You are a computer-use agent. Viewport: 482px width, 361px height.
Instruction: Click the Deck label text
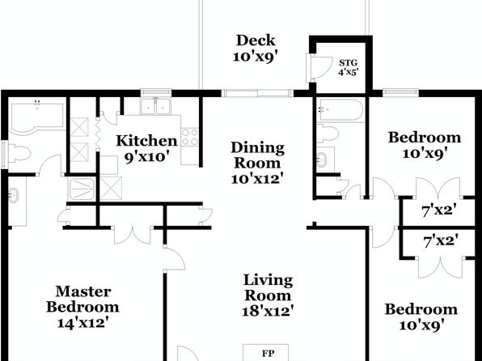[x=256, y=40]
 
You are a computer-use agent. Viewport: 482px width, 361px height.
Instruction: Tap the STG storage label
[x=349, y=63]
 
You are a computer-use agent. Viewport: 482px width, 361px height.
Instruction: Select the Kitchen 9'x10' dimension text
[x=146, y=157]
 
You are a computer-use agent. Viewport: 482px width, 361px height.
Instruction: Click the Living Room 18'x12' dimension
[x=266, y=311]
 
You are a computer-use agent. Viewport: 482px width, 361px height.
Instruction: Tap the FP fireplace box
[x=265, y=353]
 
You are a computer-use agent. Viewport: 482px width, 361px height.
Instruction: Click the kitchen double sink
[x=156, y=106]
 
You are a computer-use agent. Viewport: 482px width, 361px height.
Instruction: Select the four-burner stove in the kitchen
[x=190, y=138]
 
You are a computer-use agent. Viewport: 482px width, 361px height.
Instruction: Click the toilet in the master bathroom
[x=19, y=153]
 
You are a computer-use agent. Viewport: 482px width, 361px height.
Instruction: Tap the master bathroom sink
[x=13, y=195]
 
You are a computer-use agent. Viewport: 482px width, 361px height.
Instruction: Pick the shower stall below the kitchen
[x=82, y=189]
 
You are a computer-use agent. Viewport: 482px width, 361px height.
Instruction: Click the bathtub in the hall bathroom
[x=340, y=109]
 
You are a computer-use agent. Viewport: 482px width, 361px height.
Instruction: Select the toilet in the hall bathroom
[x=328, y=134]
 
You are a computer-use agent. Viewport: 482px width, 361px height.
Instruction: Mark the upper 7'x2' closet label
[x=438, y=211]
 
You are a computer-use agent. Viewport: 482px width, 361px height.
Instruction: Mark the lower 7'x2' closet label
[x=441, y=240]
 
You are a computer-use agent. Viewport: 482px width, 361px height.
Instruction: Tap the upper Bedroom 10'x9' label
[x=425, y=145]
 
